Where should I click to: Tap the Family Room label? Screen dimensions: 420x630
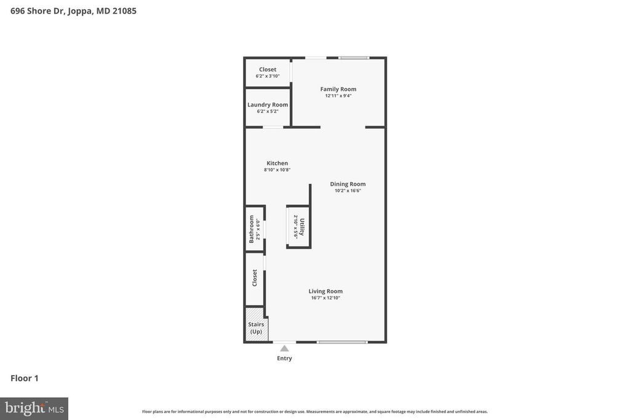point(338,89)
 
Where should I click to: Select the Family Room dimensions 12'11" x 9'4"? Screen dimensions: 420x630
point(338,96)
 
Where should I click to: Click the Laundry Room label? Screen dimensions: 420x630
point(268,105)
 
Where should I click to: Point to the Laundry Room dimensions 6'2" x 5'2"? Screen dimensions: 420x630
point(268,111)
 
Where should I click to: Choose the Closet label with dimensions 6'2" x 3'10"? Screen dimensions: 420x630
point(268,69)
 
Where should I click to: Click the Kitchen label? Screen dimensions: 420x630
point(277,163)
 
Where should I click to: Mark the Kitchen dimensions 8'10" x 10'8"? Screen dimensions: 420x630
point(277,170)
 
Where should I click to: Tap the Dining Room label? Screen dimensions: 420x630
point(348,184)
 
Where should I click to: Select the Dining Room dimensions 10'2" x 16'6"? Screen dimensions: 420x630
point(348,191)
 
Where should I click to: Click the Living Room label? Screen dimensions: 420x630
point(325,291)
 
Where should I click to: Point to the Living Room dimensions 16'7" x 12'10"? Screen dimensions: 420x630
point(325,298)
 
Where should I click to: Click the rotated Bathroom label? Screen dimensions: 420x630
point(252,229)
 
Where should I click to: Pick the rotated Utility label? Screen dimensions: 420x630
point(301,226)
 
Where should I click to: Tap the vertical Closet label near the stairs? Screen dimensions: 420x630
point(255,278)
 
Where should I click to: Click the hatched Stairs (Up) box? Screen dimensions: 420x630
point(256,328)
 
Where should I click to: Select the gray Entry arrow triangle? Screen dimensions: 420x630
point(284,349)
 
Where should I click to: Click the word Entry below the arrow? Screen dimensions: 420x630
point(284,359)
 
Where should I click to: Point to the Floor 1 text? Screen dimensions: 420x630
point(25,378)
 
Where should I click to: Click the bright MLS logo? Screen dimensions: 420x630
point(34,408)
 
